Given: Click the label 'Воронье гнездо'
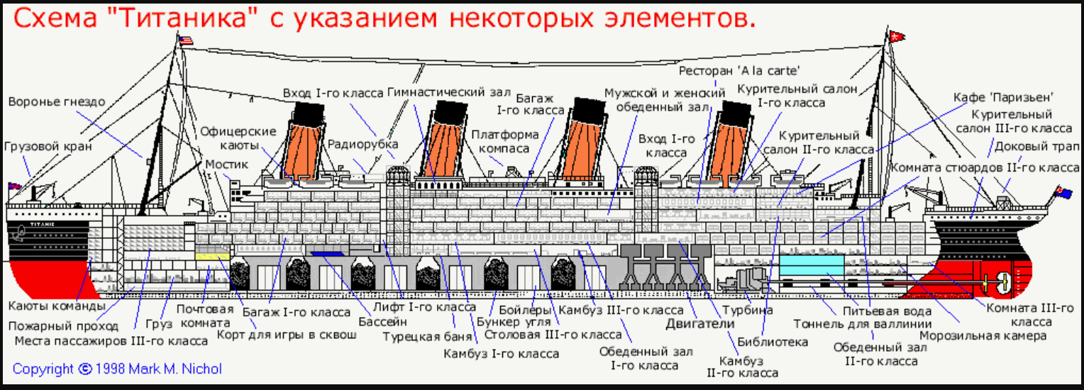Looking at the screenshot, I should (57, 102).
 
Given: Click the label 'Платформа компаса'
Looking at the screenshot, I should (504, 141).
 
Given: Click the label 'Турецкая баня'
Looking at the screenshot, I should (419, 336).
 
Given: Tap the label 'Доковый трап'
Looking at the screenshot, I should (1036, 147).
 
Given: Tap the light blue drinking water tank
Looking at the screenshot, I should (812, 267).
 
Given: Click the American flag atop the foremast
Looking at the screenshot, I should (186, 40).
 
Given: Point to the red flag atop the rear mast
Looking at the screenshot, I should (899, 33).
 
